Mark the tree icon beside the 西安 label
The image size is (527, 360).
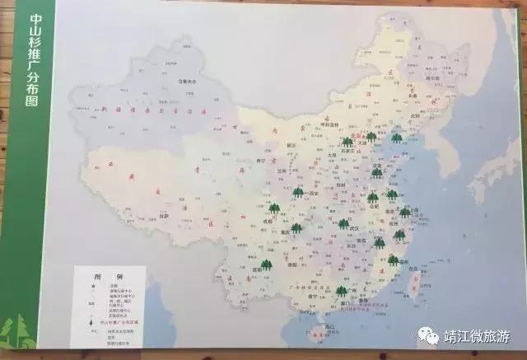click(x=298, y=192)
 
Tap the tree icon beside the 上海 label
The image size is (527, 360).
click(x=404, y=213)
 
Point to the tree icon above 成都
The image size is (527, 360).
click(x=273, y=211)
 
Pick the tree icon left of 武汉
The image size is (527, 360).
click(x=343, y=223)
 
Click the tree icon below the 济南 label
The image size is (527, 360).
click(x=377, y=173)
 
